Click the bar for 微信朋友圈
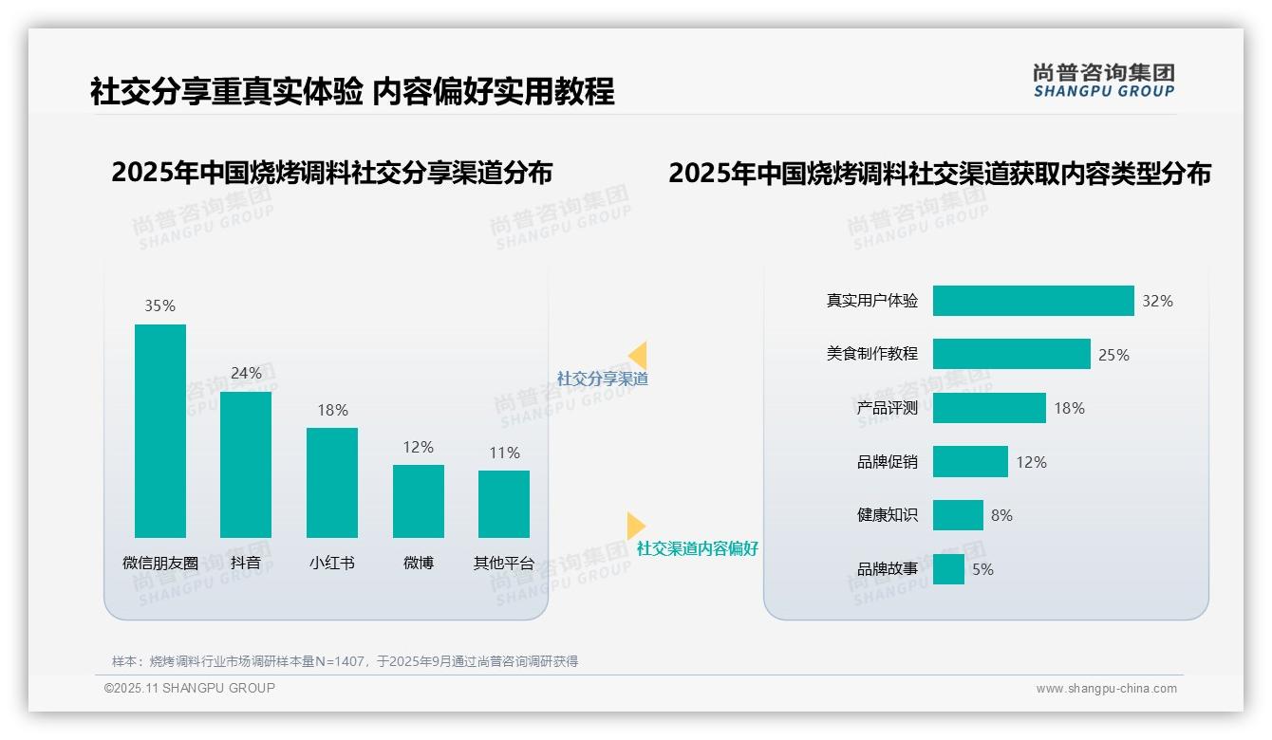[160, 431]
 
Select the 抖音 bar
[246, 465]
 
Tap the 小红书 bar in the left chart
[332, 482]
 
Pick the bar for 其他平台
[504, 504]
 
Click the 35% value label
[159, 305]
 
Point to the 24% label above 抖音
[246, 373]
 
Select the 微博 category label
[418, 563]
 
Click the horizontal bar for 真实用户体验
[1033, 301]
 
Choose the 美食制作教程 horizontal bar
[1011, 354]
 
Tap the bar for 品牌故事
[948, 569]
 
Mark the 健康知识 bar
[958, 515]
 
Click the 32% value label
[1157, 301]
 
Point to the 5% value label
[982, 569]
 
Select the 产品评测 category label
[887, 408]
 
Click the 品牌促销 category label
[887, 462]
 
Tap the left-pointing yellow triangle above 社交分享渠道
[638, 355]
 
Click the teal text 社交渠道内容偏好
[697, 548]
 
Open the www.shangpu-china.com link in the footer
[1106, 689]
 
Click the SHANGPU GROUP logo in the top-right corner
[1103, 81]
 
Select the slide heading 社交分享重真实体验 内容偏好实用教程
[352, 91]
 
